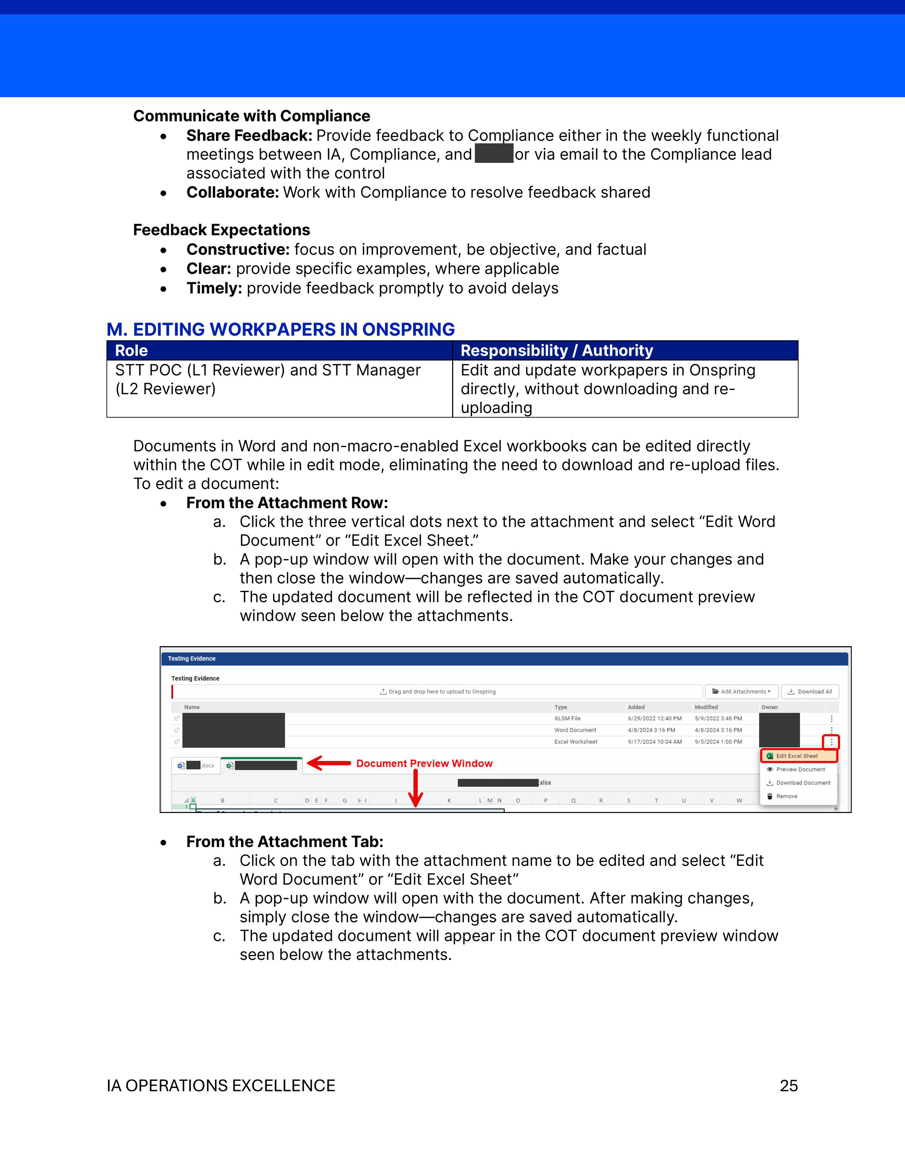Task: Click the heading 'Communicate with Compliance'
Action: [252, 116]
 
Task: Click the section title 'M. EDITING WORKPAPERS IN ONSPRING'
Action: [281, 329]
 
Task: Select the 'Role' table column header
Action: [131, 351]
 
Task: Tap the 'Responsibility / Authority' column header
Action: [556, 351]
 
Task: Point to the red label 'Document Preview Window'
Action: [424, 763]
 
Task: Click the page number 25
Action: [788, 1086]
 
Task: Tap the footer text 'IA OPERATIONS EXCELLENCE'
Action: [221, 1086]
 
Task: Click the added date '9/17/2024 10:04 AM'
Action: [654, 742]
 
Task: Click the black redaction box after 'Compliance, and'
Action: [494, 154]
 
